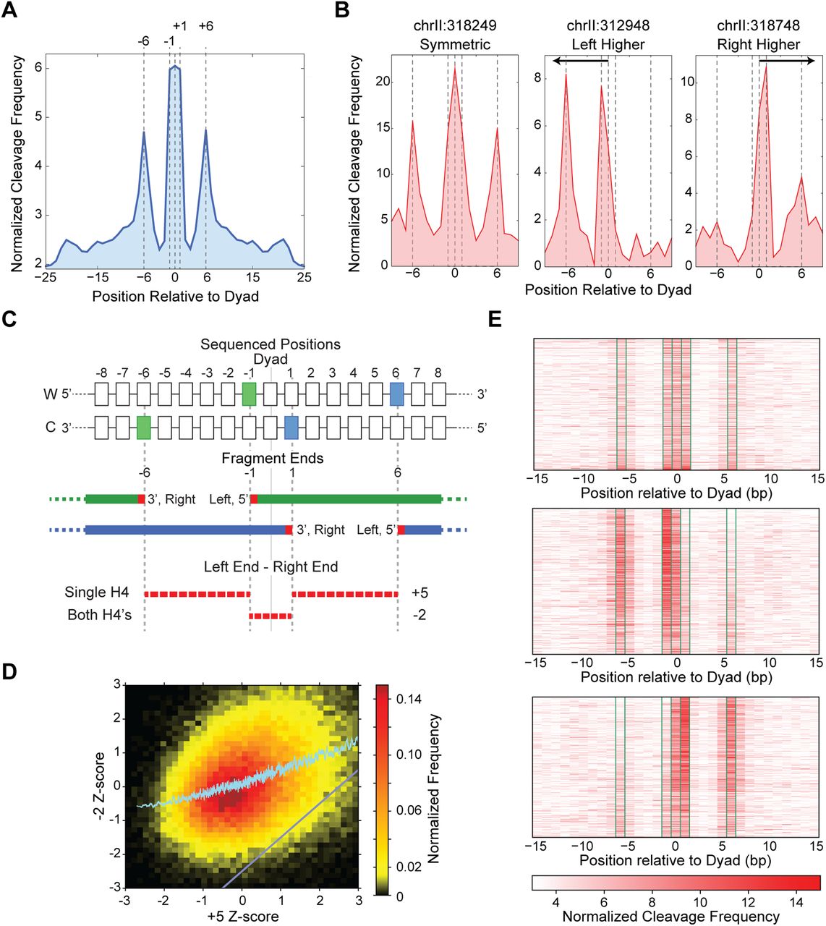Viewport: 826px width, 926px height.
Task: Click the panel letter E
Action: click(x=495, y=319)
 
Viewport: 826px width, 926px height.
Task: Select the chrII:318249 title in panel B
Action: click(x=455, y=26)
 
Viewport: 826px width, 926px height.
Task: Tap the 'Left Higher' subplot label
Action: click(x=608, y=45)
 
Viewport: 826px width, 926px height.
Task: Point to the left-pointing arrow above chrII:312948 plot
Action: click(x=579, y=61)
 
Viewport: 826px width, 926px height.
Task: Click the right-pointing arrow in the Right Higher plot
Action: click(x=786, y=61)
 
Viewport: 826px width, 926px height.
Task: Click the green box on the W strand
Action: click(x=250, y=394)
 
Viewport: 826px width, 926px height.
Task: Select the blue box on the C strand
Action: click(x=291, y=428)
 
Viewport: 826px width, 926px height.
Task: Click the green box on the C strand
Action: click(x=143, y=428)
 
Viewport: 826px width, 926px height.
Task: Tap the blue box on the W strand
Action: click(x=396, y=394)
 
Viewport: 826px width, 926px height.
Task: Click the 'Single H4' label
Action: click(x=97, y=592)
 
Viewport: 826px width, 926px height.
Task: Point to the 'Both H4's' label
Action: click(x=100, y=616)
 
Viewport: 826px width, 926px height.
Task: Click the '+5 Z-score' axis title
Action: click(x=242, y=917)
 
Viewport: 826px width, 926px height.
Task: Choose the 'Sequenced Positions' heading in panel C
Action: click(x=271, y=344)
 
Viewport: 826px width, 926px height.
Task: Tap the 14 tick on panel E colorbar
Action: click(x=796, y=902)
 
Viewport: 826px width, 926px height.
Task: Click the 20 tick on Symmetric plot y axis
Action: click(x=383, y=82)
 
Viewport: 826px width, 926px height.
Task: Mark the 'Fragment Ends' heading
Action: click(x=273, y=459)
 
